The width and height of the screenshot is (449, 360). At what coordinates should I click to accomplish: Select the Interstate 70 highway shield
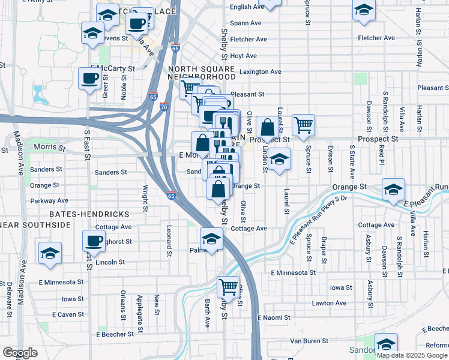tap(164, 107)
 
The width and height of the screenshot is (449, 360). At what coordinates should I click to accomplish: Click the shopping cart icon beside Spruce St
tap(304, 125)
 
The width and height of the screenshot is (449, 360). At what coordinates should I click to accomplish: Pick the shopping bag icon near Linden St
tap(267, 127)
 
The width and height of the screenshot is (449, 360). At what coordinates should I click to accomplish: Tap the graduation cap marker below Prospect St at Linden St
tap(279, 160)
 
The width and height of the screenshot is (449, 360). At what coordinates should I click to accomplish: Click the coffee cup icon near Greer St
tap(90, 78)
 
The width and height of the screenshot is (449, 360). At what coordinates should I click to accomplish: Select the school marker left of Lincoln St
tap(50, 253)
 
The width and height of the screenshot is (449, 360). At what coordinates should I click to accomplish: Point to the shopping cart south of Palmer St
tap(228, 287)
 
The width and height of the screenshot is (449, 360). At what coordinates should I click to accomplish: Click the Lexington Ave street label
tap(261, 72)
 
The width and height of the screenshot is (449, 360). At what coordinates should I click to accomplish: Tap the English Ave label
tap(247, 7)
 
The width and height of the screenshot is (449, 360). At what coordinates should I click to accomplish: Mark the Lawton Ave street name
tap(329, 303)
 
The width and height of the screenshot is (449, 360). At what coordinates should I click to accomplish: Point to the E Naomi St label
tap(274, 317)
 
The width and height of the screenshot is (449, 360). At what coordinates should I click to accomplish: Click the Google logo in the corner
tap(20, 353)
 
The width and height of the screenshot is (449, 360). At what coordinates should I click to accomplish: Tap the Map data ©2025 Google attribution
tap(412, 355)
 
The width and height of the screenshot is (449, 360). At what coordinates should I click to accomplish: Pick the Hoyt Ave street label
tap(243, 56)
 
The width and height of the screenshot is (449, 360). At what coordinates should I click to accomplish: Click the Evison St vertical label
tap(330, 158)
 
